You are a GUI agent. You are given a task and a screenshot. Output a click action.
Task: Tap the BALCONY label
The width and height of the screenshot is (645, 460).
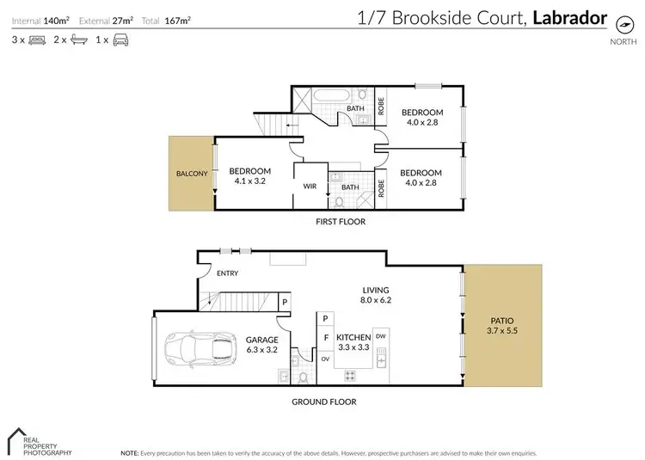coord(192,173)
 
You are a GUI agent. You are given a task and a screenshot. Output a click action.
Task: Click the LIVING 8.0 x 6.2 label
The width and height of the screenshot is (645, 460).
coord(376,296)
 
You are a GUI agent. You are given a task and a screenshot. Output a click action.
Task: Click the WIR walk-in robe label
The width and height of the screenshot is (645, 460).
coord(310,185)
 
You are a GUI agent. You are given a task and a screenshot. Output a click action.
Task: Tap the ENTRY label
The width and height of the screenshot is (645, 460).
coord(228,273)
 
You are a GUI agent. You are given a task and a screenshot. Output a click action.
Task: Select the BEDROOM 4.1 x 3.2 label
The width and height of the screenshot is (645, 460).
coord(251,175)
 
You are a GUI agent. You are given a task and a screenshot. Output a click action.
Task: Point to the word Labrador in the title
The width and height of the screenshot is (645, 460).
coord(570,16)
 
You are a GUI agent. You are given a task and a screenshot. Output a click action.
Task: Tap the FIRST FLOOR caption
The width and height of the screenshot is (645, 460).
coord(339,222)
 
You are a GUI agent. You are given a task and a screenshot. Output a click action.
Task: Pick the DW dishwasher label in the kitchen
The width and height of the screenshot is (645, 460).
coord(380,336)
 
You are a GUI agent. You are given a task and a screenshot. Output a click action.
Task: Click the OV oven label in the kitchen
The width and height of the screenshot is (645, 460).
coord(325,359)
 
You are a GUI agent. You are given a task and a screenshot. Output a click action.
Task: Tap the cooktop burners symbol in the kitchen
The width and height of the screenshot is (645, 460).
coord(351,375)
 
